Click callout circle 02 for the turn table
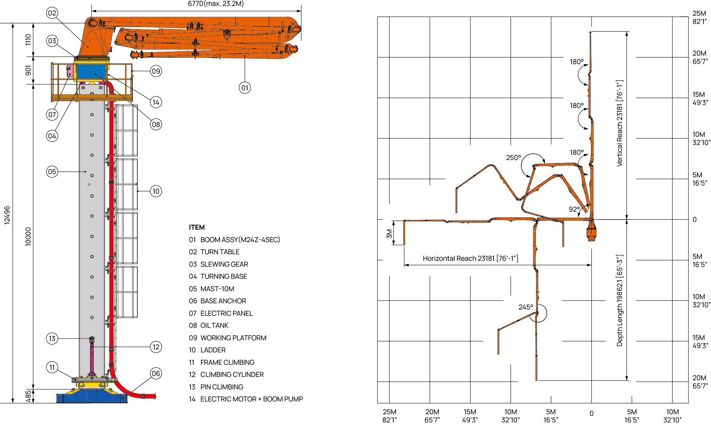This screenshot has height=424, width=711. pyautogui.click(x=52, y=13)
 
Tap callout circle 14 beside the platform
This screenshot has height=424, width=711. pyautogui.click(x=156, y=102)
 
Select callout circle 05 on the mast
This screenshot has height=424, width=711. pyautogui.click(x=52, y=172)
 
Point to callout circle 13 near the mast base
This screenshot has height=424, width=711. pyautogui.click(x=52, y=339)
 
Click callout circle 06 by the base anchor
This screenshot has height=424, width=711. pyautogui.click(x=156, y=374)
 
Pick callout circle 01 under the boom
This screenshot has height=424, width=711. pyautogui.click(x=245, y=88)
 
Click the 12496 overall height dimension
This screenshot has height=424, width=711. pyautogui.click(x=7, y=215)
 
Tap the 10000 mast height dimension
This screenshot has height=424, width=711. pyautogui.click(x=28, y=237)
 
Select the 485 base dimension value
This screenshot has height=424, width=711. pyautogui.click(x=28, y=396)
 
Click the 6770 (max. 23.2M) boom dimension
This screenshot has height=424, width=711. pyautogui.click(x=216, y=4)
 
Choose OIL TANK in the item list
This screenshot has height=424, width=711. pyautogui.click(x=215, y=326)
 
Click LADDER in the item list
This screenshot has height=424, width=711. pyautogui.click(x=213, y=350)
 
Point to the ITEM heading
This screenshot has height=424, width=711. pyautogui.click(x=197, y=227)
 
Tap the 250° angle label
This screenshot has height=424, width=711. pyautogui.click(x=513, y=158)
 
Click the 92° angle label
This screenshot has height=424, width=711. pyautogui.click(x=574, y=209)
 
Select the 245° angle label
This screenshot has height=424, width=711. pyautogui.click(x=526, y=307)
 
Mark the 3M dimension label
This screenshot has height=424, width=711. pyautogui.click(x=389, y=234)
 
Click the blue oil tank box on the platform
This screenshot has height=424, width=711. pyautogui.click(x=91, y=72)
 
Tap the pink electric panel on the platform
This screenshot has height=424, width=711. pyautogui.click(x=70, y=71)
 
